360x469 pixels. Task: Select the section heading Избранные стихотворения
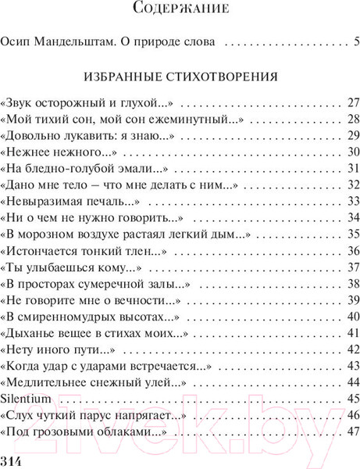pyautogui.click(x=180, y=78)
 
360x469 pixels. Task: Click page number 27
pyautogui.click(x=352, y=103)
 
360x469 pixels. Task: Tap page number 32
pyautogui.click(x=352, y=184)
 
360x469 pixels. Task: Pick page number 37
pyautogui.click(x=352, y=267)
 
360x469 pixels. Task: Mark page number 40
pyautogui.click(x=352, y=316)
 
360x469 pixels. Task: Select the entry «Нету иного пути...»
pyautogui.click(x=52, y=349)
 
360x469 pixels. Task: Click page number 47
pyautogui.click(x=352, y=431)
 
